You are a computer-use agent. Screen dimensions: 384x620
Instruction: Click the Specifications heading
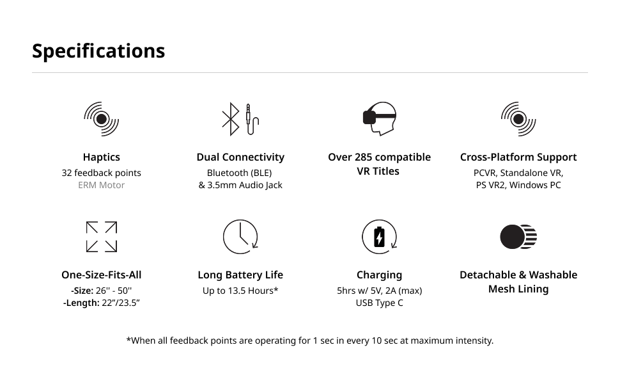click(98, 51)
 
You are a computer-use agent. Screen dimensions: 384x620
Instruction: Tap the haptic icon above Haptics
click(101, 119)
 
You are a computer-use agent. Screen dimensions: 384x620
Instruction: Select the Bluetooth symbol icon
click(230, 119)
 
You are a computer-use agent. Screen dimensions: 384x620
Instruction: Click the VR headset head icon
click(380, 119)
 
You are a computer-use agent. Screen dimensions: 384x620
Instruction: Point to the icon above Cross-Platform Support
click(518, 119)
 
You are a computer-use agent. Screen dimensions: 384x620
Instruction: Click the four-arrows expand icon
click(101, 237)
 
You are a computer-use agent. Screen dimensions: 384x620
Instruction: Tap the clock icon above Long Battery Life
click(240, 237)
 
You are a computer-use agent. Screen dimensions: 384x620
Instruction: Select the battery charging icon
click(380, 237)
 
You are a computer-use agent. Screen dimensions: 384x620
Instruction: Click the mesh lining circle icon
click(518, 237)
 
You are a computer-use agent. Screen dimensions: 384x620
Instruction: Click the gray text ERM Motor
click(101, 186)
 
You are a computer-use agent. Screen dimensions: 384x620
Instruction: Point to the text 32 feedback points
click(101, 173)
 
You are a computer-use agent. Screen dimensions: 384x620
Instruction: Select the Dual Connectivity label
click(240, 157)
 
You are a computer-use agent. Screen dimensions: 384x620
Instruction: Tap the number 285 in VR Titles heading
click(367, 157)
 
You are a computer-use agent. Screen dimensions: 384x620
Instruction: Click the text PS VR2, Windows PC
click(518, 186)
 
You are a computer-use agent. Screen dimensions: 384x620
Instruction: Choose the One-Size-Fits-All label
click(101, 275)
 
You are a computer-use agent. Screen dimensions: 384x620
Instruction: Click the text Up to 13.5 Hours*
click(240, 291)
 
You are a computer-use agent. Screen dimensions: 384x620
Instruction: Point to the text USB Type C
click(380, 303)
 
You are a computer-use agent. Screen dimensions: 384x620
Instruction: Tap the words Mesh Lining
click(518, 289)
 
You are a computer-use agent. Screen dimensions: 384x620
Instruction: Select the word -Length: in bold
click(81, 303)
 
